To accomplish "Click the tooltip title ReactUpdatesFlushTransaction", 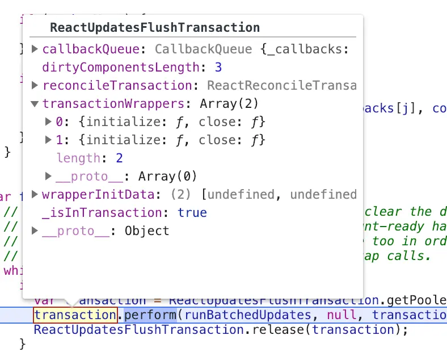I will [154, 27].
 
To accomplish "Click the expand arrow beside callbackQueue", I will [35, 49].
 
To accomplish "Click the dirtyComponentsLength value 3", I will [218, 68].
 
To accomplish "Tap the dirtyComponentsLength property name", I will [121, 68].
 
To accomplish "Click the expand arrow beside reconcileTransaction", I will [35, 86].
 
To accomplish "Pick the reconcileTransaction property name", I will [117, 86].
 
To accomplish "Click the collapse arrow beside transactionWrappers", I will [35, 104].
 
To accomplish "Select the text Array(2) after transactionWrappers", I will [229, 104].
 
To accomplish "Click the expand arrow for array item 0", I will [48, 122].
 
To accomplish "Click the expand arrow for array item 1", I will [48, 140].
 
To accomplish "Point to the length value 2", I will [119, 158].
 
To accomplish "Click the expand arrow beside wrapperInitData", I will [35, 194].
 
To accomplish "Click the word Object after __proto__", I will [146, 231].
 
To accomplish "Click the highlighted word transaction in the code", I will [75, 315].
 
